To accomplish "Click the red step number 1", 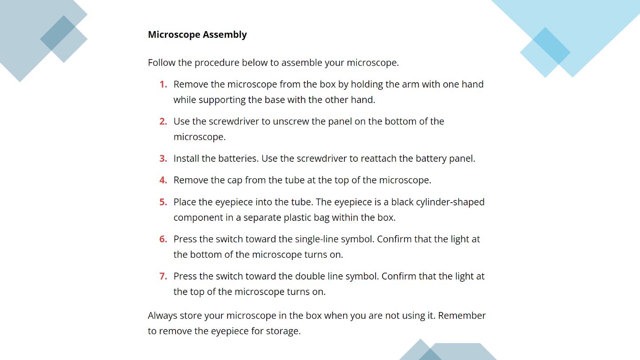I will pyautogui.click(x=163, y=84).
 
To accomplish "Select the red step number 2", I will pyautogui.click(x=163, y=121).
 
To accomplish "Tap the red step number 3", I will pyautogui.click(x=163, y=159).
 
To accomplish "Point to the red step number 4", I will pyautogui.click(x=163, y=180).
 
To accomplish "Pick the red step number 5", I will pyautogui.click(x=163, y=202).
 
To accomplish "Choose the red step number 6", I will pyautogui.click(x=163, y=239).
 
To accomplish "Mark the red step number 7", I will pyautogui.click(x=163, y=276).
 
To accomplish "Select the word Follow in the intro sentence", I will pyautogui.click(x=161, y=63).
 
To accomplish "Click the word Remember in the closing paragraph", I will pyautogui.click(x=462, y=316).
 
